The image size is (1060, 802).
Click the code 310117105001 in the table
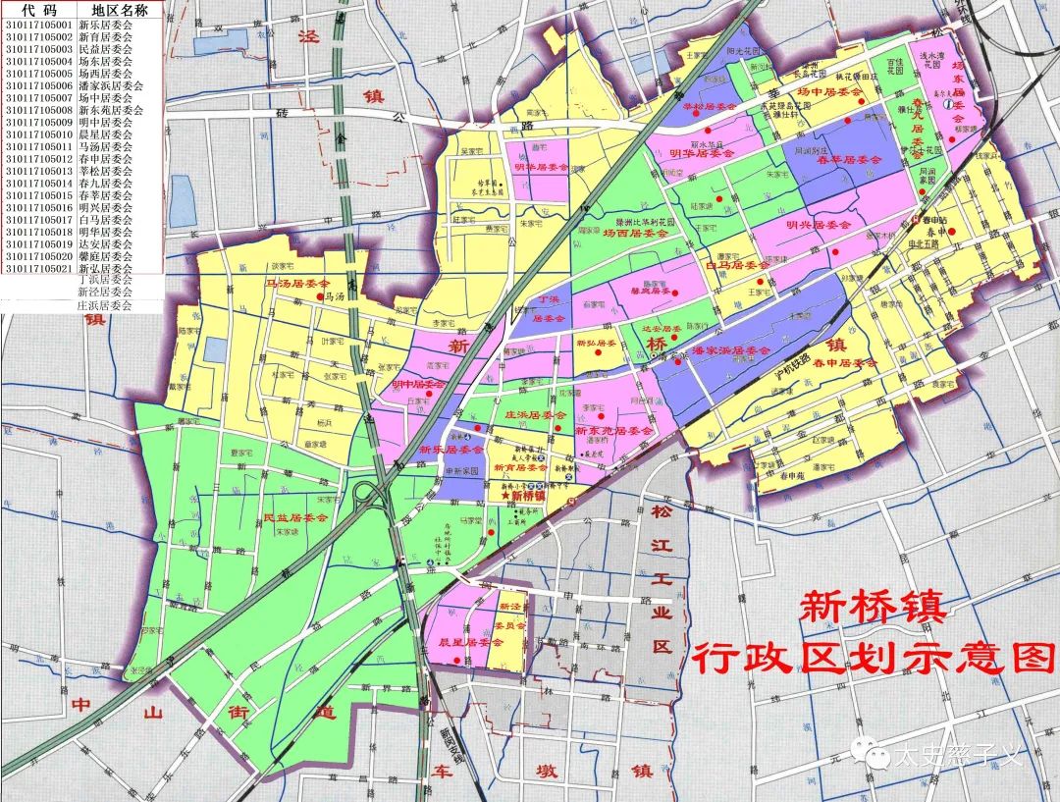pos(39,25)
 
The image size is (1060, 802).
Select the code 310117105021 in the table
pos(39,268)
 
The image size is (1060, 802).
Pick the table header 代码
pos(39,10)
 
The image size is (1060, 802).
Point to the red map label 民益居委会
pos(295,517)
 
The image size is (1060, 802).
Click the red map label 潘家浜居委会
pos(730,350)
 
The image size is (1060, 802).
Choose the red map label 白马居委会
pos(737,265)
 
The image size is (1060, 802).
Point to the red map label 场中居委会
pos(828,91)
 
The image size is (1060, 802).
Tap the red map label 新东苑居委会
pos(613,431)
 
